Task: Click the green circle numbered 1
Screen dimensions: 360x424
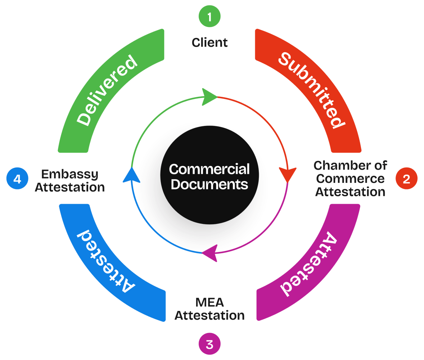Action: (209, 16)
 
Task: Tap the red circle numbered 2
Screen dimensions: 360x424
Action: (406, 179)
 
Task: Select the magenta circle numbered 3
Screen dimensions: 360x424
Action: (209, 344)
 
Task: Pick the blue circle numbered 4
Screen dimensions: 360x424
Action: (18, 179)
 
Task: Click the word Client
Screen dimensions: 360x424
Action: (210, 42)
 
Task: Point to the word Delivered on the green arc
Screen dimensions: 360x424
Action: (108, 91)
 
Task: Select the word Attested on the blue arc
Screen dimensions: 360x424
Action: (106, 261)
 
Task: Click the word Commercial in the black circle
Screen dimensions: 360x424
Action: (209, 169)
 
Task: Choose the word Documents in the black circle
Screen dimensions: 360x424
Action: (209, 184)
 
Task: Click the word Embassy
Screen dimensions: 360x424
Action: (69, 174)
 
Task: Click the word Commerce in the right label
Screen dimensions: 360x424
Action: (350, 179)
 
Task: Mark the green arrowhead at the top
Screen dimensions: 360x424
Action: (209, 97)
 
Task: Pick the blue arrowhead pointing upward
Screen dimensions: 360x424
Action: (131, 175)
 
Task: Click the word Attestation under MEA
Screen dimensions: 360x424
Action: (209, 315)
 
